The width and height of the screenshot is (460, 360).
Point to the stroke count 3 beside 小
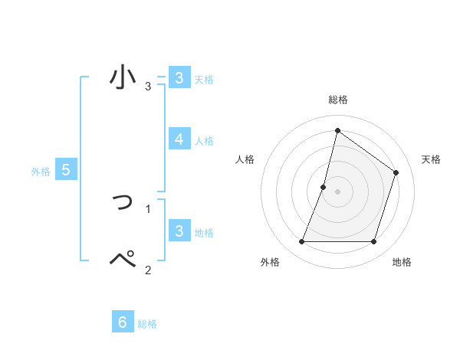click(x=148, y=87)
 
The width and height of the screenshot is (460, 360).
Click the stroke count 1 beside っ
click(x=148, y=208)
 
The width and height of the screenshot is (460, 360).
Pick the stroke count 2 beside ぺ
click(x=148, y=270)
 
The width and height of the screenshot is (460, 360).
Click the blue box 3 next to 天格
click(x=179, y=77)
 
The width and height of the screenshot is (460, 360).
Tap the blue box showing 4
click(x=179, y=139)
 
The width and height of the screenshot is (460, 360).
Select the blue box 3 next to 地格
click(x=179, y=231)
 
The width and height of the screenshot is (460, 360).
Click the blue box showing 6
click(x=122, y=322)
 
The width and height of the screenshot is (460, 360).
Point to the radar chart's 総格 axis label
click(x=337, y=100)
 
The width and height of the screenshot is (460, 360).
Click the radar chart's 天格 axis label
click(x=431, y=159)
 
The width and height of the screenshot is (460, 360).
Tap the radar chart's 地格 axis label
click(x=402, y=263)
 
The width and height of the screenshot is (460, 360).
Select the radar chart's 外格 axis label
click(x=270, y=263)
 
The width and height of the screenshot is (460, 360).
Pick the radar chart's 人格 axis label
click(x=245, y=159)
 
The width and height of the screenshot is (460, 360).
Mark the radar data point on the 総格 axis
click(x=337, y=130)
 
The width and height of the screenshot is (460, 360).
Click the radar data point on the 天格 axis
click(x=396, y=172)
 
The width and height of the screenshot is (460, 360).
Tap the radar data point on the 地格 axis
click(x=373, y=242)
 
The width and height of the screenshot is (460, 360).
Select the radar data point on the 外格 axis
click(x=301, y=242)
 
